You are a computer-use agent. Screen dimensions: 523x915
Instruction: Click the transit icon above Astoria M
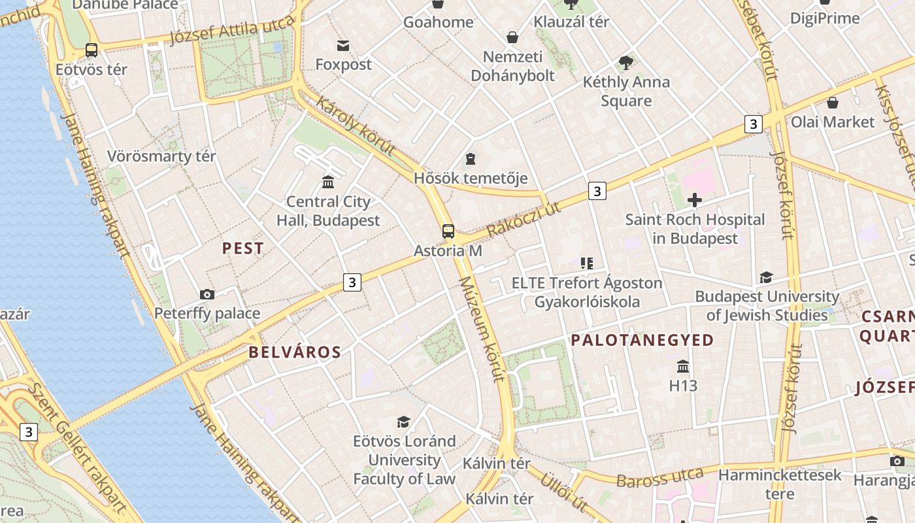click(x=448, y=231)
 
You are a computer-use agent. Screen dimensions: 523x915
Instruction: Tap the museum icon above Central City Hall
click(x=328, y=181)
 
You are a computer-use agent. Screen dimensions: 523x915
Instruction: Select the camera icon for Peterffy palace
click(x=207, y=295)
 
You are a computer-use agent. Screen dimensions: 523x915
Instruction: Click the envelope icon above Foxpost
click(x=343, y=45)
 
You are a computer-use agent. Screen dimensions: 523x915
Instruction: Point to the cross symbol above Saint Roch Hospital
click(x=695, y=200)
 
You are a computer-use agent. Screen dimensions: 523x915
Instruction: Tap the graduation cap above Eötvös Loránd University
click(x=404, y=422)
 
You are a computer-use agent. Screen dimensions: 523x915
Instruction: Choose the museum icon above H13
click(x=683, y=366)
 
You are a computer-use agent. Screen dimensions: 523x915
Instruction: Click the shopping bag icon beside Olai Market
click(x=833, y=103)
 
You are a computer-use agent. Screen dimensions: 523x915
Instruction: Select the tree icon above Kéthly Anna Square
click(x=626, y=63)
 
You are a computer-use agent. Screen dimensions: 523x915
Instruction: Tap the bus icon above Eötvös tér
click(x=91, y=50)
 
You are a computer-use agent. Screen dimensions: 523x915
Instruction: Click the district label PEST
click(x=243, y=248)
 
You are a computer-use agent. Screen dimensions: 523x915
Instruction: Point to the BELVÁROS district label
click(x=295, y=352)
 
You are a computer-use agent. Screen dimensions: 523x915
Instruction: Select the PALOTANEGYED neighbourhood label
click(x=642, y=340)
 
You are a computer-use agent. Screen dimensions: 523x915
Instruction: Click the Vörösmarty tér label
click(x=161, y=156)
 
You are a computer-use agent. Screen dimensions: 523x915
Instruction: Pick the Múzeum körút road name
click(x=482, y=329)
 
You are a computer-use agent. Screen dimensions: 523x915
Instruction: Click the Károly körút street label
click(x=356, y=126)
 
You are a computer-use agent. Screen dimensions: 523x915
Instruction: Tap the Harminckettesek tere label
click(x=780, y=483)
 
